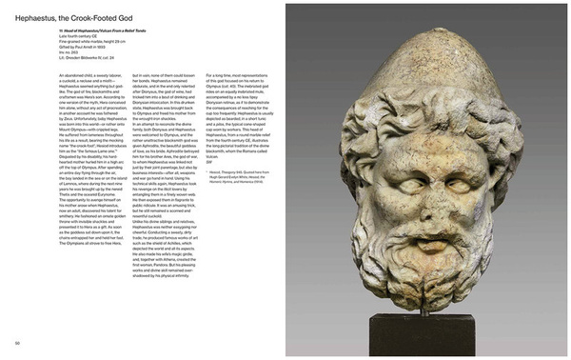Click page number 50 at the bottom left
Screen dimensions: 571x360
pos(17,342)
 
